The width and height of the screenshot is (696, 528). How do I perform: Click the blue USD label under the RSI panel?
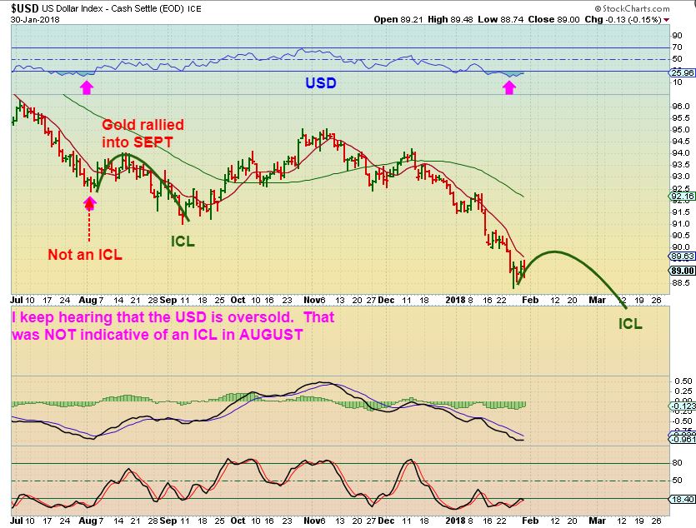(x=321, y=83)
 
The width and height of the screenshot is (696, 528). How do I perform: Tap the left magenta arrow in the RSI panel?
(x=86, y=85)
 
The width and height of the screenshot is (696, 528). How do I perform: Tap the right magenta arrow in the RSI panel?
(x=509, y=85)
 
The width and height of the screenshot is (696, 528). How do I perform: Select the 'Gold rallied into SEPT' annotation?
(x=143, y=133)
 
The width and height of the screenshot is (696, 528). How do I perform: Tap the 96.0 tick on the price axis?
(x=680, y=106)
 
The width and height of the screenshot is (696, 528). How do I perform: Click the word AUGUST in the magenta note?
(x=268, y=335)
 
